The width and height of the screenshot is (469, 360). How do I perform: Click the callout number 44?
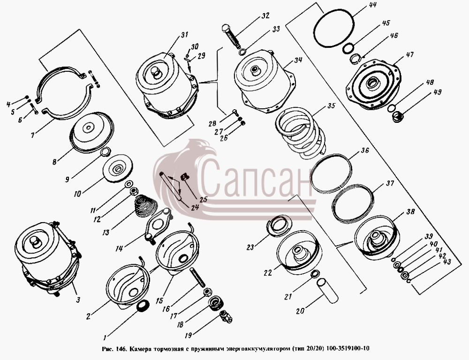click(x=364, y=5)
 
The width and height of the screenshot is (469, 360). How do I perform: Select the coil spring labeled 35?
click(x=300, y=133)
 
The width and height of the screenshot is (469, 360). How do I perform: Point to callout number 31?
click(x=184, y=35)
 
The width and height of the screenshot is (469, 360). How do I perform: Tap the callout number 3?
click(x=78, y=300)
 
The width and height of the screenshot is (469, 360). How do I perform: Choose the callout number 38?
click(x=410, y=212)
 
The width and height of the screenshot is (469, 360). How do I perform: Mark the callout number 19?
click(x=188, y=336)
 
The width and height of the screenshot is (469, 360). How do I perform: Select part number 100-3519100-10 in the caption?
click(x=348, y=348)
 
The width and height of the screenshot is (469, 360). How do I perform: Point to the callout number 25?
click(x=204, y=199)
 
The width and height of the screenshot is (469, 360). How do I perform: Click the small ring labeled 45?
click(x=348, y=48)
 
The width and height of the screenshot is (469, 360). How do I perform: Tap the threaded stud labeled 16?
click(x=197, y=278)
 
